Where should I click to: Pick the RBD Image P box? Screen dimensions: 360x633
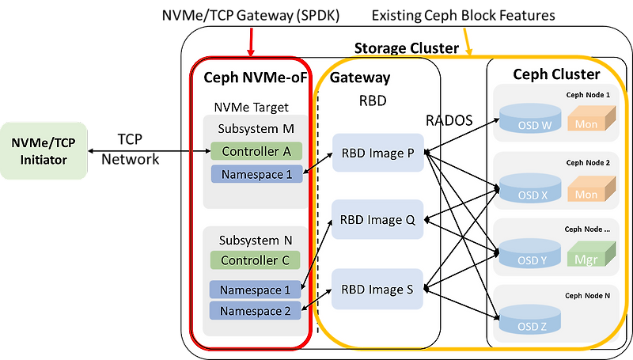coord(378,153)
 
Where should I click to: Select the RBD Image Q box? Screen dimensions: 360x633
coord(378,220)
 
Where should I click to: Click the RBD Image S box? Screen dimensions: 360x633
coord(378,289)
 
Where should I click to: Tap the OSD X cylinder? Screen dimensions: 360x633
coord(530,190)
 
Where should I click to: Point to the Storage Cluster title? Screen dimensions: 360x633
coord(406,48)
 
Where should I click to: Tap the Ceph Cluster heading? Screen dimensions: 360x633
coord(556,74)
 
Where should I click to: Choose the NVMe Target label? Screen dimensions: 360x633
coord(251,107)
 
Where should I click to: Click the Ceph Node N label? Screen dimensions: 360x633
coord(588,295)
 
